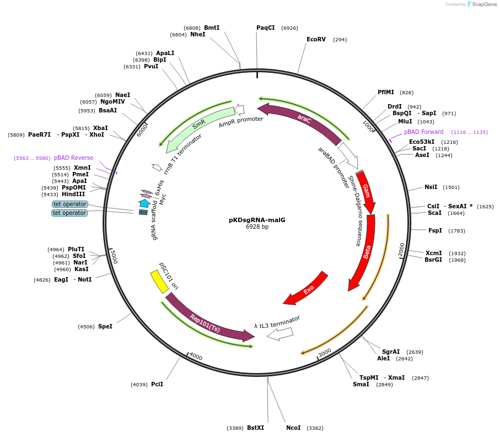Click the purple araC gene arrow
305,118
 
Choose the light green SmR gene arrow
198,126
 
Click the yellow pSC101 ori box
159,282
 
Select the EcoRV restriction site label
316,39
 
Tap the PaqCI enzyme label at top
265,28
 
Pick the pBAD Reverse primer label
73,158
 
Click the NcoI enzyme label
293,428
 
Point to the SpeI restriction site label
105,326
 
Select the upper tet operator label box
69,204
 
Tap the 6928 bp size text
257,227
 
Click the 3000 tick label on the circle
325,352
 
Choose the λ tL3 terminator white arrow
281,333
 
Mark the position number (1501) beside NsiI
450,187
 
